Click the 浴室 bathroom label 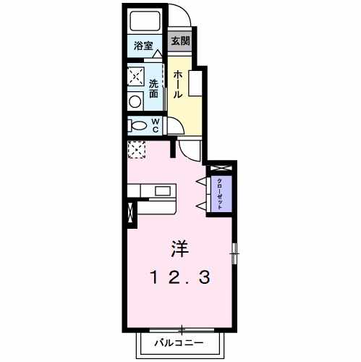point(143,46)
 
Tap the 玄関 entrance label point(180,41)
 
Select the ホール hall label point(177,85)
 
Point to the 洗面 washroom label point(153,88)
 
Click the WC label point(156,125)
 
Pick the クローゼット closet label point(220,194)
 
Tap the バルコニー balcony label point(179,342)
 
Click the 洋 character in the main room point(179,249)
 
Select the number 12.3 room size point(180,277)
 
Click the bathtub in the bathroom point(145,21)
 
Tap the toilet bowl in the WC point(137,126)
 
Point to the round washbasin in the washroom point(135,101)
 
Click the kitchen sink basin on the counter point(163,191)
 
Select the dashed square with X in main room point(137,150)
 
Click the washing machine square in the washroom point(136,77)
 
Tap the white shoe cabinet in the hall point(195,83)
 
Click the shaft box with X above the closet point(221,168)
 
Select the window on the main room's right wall point(234,253)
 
